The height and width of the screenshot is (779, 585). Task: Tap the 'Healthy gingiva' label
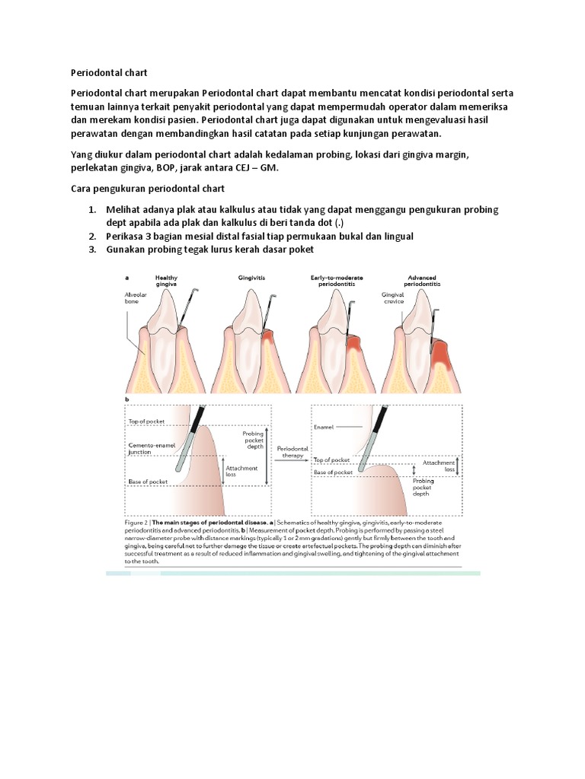[x=166, y=281]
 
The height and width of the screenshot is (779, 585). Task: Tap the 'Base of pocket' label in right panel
[x=334, y=472]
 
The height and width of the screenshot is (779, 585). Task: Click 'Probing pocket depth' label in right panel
[x=424, y=487]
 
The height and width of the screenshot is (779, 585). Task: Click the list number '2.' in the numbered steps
[x=91, y=237]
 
